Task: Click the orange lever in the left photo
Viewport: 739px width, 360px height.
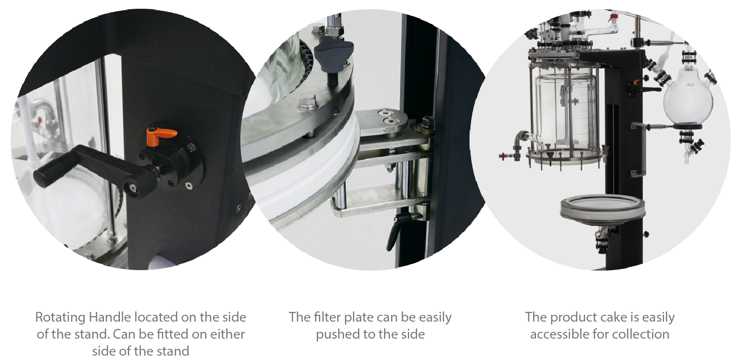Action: click(x=161, y=137)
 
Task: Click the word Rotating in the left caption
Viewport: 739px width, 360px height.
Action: click(x=60, y=317)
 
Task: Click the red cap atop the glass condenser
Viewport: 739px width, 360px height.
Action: click(x=613, y=16)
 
